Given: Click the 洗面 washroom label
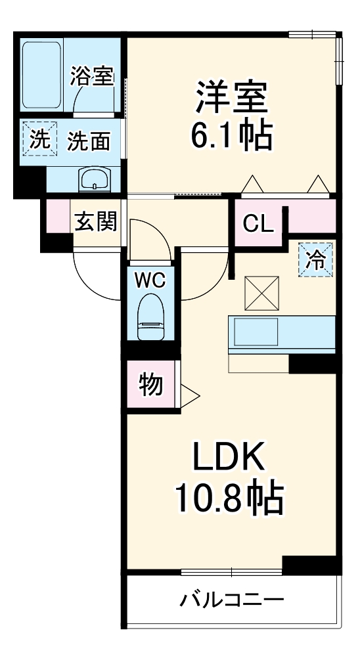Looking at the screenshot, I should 89,141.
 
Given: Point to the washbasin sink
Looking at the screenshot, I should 96,178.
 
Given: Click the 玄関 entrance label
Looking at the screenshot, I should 95,223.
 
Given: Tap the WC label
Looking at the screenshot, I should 150,280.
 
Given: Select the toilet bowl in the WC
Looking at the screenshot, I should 150,318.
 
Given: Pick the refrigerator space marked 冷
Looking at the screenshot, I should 316,260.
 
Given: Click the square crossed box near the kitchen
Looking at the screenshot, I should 262,292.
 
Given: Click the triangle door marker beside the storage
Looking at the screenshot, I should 189,394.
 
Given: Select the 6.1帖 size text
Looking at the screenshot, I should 230,136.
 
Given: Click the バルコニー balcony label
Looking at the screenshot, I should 232,600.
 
